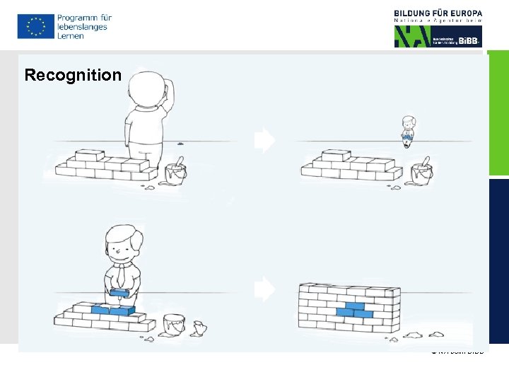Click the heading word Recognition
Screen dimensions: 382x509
(x=73, y=75)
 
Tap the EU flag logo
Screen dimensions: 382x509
(x=35, y=26)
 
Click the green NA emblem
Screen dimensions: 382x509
(x=411, y=36)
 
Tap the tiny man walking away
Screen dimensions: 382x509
(x=407, y=132)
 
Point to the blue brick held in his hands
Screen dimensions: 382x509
(x=119, y=291)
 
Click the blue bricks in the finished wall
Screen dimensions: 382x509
(x=354, y=309)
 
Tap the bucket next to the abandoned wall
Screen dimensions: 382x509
(x=421, y=173)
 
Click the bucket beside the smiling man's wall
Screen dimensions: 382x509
(x=174, y=325)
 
